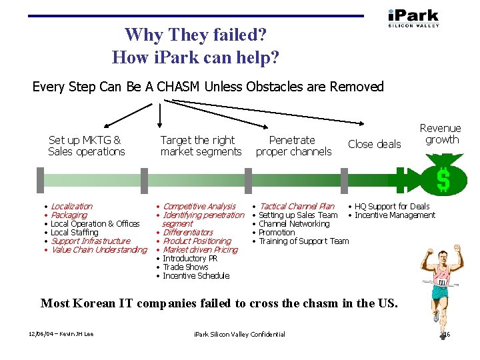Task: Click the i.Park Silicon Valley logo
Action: [x=413, y=18]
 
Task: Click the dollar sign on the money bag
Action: [x=443, y=179]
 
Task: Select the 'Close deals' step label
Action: [x=375, y=144]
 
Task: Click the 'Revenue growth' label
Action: [x=440, y=134]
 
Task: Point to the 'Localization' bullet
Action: [x=71, y=207]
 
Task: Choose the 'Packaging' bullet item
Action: [x=69, y=215]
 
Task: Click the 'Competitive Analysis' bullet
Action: [x=199, y=207]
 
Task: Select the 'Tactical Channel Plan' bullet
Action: [x=297, y=207]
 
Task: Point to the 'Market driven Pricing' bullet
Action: [x=200, y=250]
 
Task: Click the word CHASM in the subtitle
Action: [x=181, y=87]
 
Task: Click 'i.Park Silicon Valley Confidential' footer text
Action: [x=239, y=334]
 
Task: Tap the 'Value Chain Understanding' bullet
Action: [x=99, y=250]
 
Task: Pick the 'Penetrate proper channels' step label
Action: [x=293, y=146]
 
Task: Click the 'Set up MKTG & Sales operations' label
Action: [x=86, y=146]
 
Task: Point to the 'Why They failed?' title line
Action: [x=195, y=35]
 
